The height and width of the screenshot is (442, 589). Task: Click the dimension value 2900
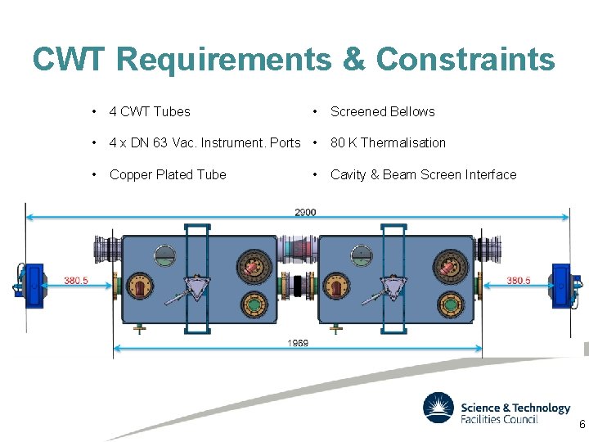click(305, 212)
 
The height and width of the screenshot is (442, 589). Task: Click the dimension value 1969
click(298, 343)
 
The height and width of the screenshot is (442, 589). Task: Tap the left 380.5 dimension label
click(77, 280)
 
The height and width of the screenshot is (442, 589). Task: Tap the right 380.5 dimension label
click(519, 280)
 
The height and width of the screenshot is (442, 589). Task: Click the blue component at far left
click(34, 285)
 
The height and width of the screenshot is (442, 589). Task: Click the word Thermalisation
click(402, 142)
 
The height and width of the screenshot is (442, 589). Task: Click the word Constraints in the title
click(465, 59)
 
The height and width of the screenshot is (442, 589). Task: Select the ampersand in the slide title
click(353, 59)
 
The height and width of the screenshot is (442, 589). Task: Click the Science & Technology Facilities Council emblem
click(438, 408)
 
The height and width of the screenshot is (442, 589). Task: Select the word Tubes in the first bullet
click(173, 111)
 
